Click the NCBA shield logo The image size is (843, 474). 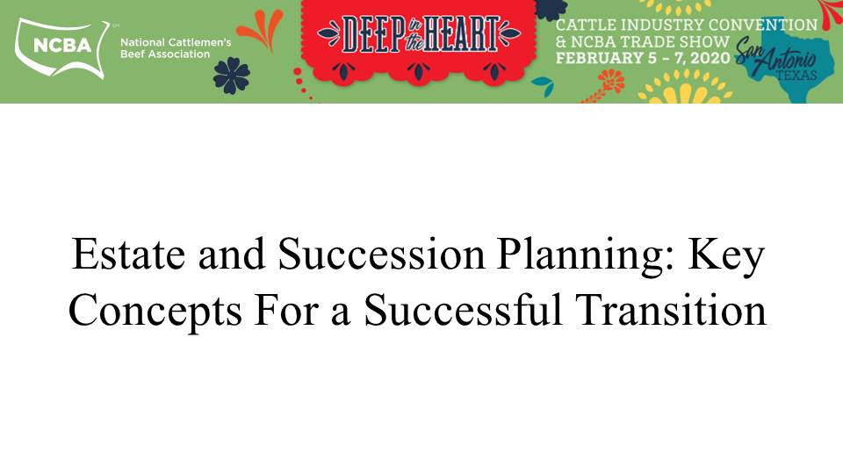[x=61, y=47]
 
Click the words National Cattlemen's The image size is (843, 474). [x=176, y=42]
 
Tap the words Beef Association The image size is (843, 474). [x=165, y=54]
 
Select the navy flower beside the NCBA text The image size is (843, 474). [x=231, y=75]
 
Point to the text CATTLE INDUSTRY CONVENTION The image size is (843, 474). [x=687, y=25]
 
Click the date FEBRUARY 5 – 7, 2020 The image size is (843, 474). [x=643, y=58]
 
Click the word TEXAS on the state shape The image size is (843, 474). [x=796, y=75]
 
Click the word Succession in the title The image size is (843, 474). [x=382, y=255]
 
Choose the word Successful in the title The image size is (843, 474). [x=463, y=310]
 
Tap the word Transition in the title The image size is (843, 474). [x=671, y=310]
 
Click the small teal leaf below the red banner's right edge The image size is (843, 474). [x=543, y=85]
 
